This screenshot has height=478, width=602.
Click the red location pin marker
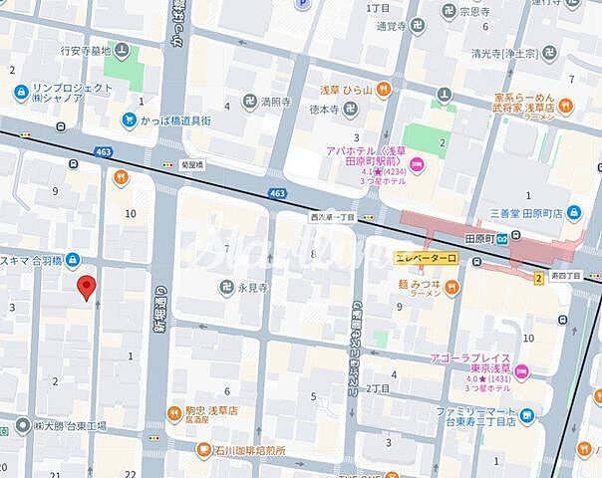click(x=87, y=287)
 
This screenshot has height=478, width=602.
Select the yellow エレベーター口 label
click(x=426, y=258)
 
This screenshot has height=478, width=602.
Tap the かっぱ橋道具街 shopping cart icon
click(x=130, y=119)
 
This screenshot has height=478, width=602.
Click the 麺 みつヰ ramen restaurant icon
click(x=451, y=287)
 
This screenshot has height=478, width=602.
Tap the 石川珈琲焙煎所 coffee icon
click(x=203, y=450)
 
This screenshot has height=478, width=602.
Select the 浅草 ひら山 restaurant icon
click(x=380, y=88)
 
